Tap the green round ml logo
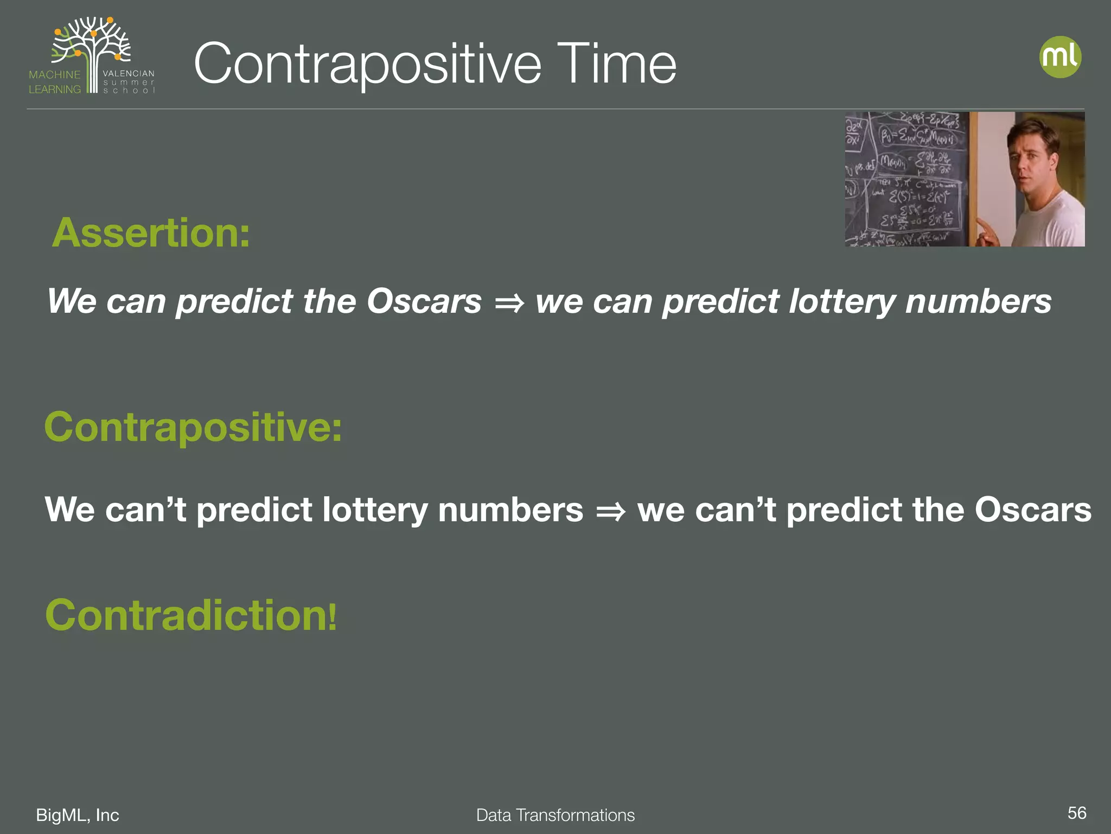tap(1060, 57)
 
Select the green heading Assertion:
tap(151, 233)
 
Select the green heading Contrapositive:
tap(193, 427)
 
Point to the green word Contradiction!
tap(191, 615)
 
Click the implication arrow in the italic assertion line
tap(509, 303)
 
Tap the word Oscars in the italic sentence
tap(424, 301)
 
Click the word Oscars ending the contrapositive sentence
tap(1032, 510)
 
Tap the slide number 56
tap(1076, 813)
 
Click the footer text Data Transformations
tap(555, 815)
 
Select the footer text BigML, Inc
tap(78, 815)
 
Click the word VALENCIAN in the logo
tap(129, 73)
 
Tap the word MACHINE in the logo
tap(55, 75)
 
